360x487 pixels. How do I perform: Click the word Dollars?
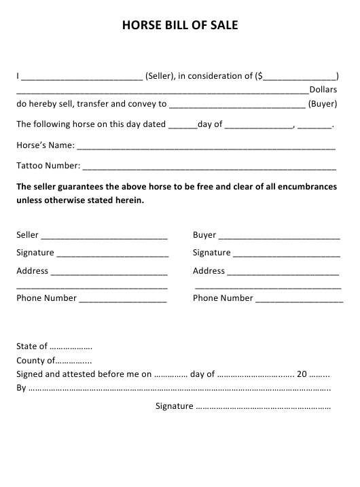click(x=323, y=90)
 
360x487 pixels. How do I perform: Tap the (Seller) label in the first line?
click(x=160, y=75)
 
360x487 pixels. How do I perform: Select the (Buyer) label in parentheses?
click(x=323, y=105)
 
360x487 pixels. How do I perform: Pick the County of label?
click(x=34, y=361)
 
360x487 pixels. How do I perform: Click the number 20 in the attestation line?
click(x=303, y=374)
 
